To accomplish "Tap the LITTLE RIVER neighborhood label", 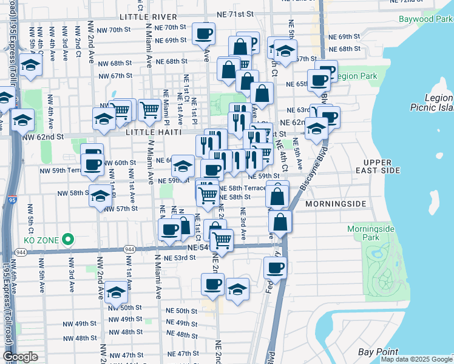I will coord(149,17).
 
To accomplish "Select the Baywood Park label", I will coord(425,19).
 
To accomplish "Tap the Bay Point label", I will coord(378,352).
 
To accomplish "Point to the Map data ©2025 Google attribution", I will coord(417,359).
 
